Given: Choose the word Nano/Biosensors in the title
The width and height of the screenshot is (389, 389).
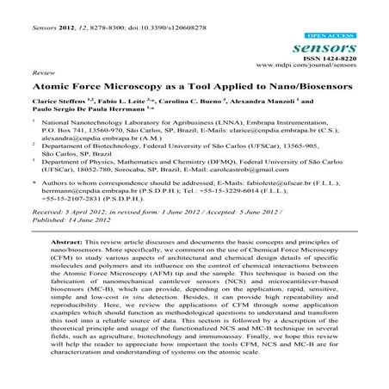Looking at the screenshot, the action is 292,87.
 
